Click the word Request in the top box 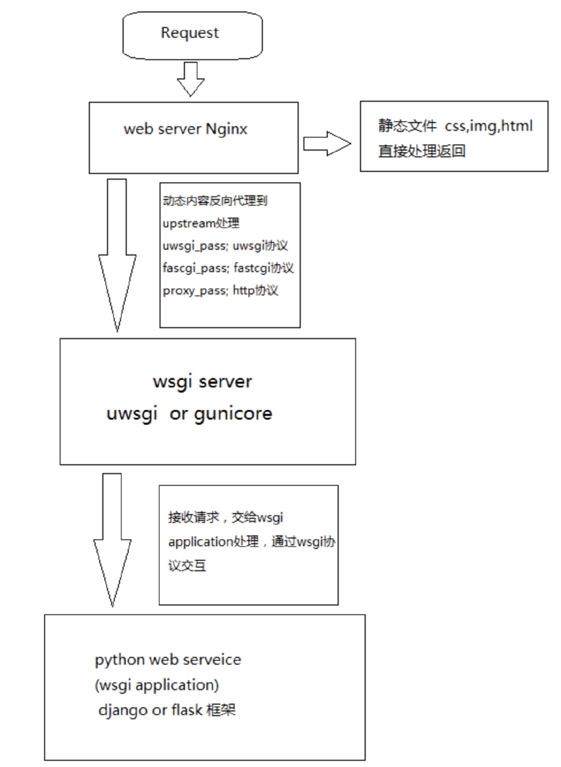(x=190, y=33)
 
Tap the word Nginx (x=226, y=129)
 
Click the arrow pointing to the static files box (x=327, y=144)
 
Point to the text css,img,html (x=488, y=126)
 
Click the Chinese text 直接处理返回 (x=421, y=151)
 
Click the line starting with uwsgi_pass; (x=225, y=246)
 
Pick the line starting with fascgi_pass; (x=228, y=268)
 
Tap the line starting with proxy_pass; (x=220, y=290)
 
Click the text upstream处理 (x=201, y=223)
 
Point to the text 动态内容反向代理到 (x=215, y=201)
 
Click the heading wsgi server (x=202, y=382)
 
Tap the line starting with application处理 (x=251, y=542)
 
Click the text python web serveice (x=168, y=660)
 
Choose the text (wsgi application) (x=156, y=685)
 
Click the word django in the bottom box (x=123, y=710)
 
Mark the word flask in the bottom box (x=186, y=709)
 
